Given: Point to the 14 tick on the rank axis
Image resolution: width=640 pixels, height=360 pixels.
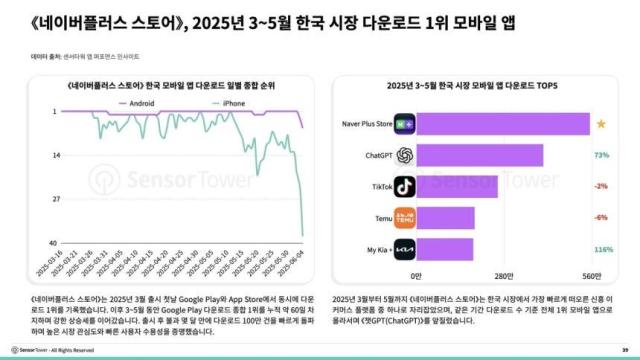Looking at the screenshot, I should coord(56,154).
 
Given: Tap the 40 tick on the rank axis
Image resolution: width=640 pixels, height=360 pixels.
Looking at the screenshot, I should coord(56,241).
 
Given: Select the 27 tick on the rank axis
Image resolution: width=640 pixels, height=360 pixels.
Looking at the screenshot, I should coord(56,198).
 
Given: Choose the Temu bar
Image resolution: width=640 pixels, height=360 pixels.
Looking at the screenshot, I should coord(445,217).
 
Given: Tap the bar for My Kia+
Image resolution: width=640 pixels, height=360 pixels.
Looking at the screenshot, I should coord(445,248).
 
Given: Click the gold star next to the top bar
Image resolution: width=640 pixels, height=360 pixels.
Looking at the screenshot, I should coord(600,124).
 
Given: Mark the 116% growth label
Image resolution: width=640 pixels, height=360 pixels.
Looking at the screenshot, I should coord(602,248).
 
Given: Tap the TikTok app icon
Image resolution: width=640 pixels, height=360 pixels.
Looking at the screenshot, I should coord(404,186).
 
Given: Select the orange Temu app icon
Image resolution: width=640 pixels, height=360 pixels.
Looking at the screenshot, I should coord(404,217).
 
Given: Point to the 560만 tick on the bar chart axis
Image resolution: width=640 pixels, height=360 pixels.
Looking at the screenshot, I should coord(590,275).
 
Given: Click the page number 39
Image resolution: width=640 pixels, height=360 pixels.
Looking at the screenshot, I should coord(624,349).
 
